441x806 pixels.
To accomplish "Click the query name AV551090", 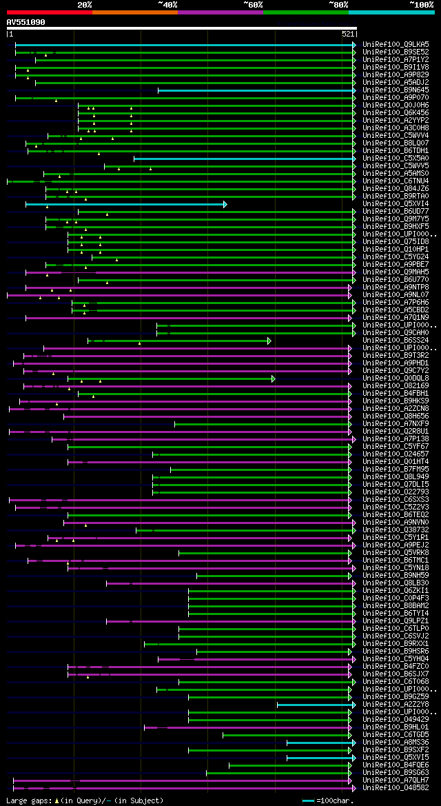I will (x=25, y=22).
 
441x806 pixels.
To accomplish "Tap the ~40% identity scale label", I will (x=167, y=4).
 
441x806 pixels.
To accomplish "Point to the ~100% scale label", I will (x=421, y=4).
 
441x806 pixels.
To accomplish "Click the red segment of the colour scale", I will (x=49, y=12).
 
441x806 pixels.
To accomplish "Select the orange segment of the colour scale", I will (x=134, y=12).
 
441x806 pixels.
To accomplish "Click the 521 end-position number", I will (x=347, y=33).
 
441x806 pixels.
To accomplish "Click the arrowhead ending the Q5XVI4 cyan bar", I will (x=225, y=204).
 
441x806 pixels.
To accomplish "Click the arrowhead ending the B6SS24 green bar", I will (x=269, y=341).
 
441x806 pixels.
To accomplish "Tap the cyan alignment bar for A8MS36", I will (x=320, y=743).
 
